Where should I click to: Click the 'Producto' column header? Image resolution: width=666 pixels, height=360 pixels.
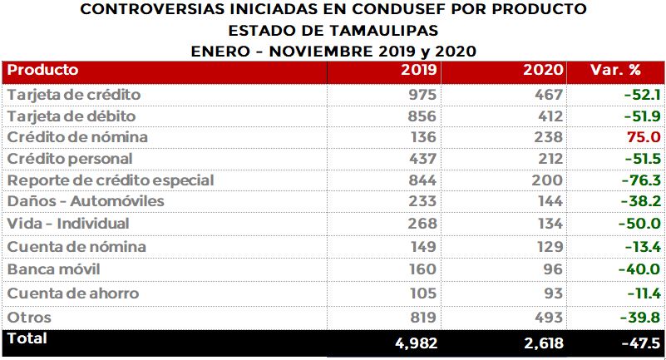tap(42, 70)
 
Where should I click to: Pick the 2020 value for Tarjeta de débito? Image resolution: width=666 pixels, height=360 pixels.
tap(548, 116)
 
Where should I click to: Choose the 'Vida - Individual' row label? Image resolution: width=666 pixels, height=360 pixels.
tap(67, 224)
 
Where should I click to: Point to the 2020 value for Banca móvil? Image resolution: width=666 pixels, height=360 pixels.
tap(552, 269)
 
